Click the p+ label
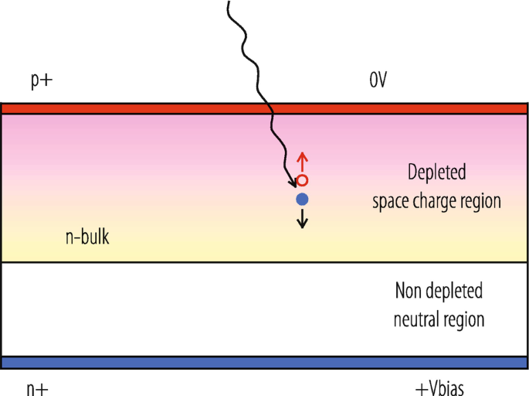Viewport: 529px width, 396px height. [41, 80]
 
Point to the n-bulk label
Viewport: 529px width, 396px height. [86, 237]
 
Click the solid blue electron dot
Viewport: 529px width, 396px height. [303, 200]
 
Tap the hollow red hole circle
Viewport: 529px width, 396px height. [303, 180]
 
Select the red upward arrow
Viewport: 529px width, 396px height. [303, 161]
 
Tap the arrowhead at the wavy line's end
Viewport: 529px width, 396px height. [293, 183]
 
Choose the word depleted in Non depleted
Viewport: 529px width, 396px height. [455, 291]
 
